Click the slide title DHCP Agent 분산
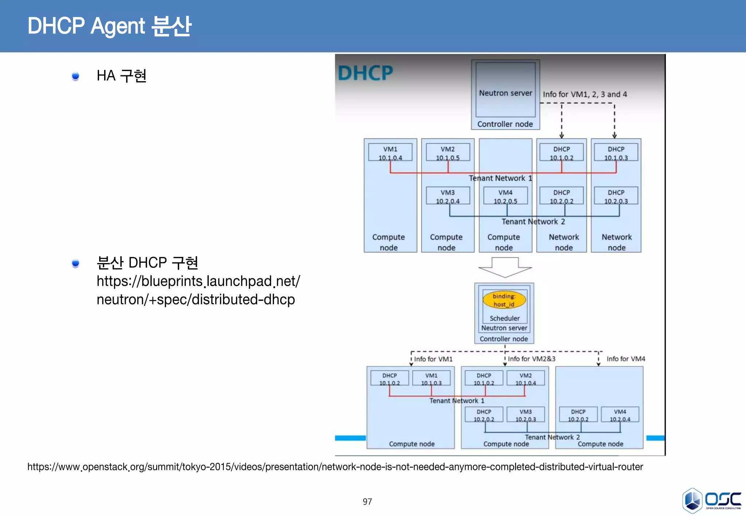tap(109, 26)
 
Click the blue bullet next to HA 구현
tap(75, 76)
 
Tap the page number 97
tap(367, 501)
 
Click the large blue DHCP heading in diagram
tap(365, 73)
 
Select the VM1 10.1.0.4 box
tap(390, 153)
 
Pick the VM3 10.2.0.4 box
tap(448, 196)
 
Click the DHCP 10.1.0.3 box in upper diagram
tap(616, 153)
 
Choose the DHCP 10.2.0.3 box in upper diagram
tap(616, 196)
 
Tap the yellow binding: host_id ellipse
tap(504, 300)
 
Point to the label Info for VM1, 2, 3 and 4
tap(585, 94)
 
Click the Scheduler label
tap(504, 318)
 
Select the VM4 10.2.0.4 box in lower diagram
tap(620, 415)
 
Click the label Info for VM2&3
tap(531, 359)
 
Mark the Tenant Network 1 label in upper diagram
tap(500, 178)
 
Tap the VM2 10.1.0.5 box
tap(448, 153)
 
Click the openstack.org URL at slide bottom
tap(335, 467)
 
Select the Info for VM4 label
tap(625, 359)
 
